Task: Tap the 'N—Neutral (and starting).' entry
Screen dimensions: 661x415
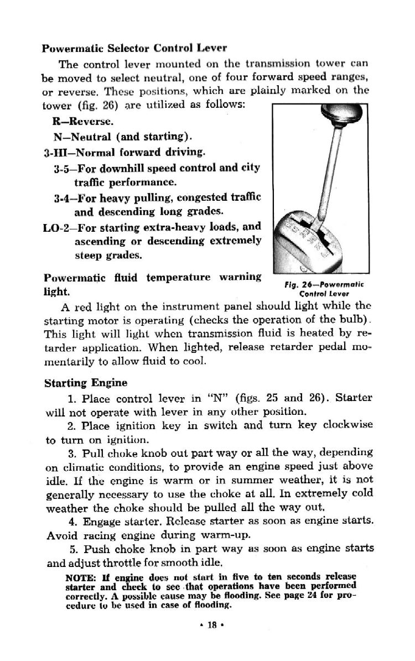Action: click(x=117, y=136)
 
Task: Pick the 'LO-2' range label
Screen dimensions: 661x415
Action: click(x=58, y=226)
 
